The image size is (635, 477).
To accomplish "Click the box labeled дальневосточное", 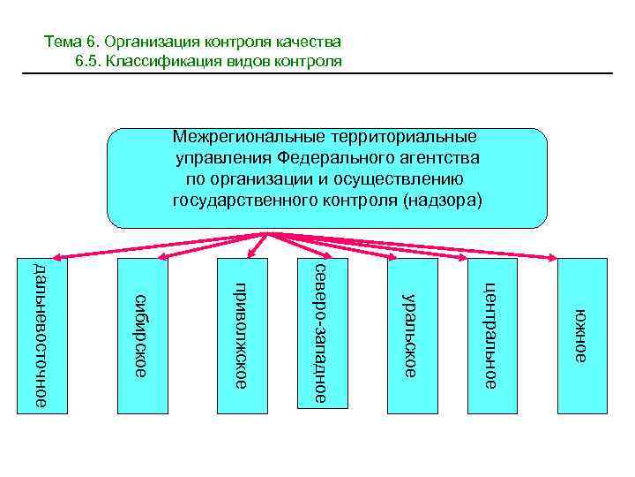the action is pos(43,335).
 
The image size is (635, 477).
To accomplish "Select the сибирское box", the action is pos(141,335).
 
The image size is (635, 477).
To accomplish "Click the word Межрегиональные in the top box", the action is pos(248,137).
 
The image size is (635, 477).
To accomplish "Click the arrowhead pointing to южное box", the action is pos(552,259).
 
